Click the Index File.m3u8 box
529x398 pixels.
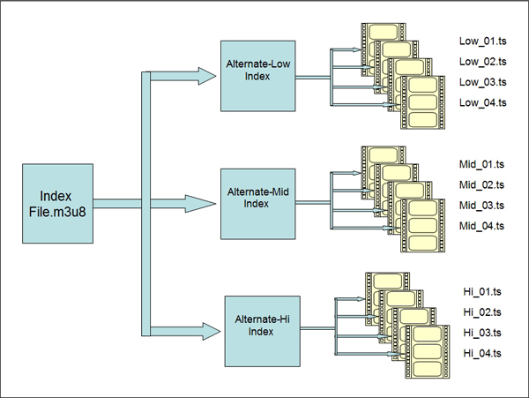click(x=56, y=202)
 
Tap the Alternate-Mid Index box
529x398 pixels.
click(x=258, y=200)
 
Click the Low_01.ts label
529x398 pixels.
click(x=482, y=41)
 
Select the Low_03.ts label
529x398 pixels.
click(x=482, y=82)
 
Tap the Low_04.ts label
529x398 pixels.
click(x=482, y=103)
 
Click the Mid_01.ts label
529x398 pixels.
click(x=482, y=164)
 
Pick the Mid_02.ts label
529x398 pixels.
click(x=482, y=184)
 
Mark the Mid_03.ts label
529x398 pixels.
click(x=482, y=205)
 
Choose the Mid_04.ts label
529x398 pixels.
click(x=482, y=226)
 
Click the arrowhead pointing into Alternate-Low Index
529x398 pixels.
click(x=206, y=76)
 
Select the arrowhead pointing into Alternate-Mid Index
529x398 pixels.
click(x=206, y=204)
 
